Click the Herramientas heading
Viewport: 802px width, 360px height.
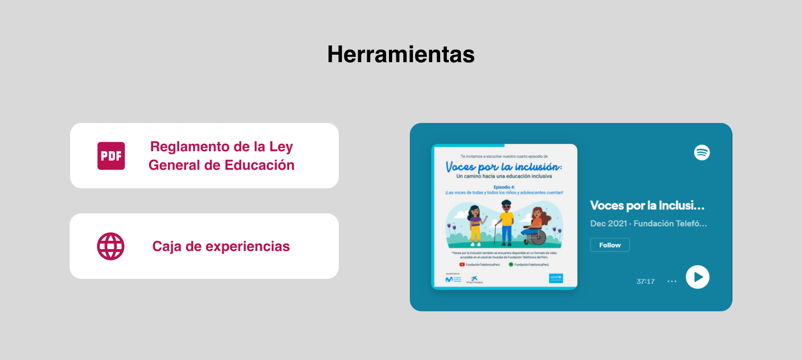click(401, 54)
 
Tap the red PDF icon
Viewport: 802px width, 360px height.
click(111, 156)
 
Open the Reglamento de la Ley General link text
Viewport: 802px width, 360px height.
click(221, 156)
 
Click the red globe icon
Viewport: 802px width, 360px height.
click(110, 246)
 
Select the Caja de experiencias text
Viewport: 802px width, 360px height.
click(221, 246)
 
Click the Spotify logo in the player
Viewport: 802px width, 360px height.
click(702, 153)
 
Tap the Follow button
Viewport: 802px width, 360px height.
click(610, 245)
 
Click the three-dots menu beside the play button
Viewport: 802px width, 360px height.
click(672, 281)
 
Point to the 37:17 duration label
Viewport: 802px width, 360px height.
click(646, 282)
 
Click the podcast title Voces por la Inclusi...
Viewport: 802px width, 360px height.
click(647, 206)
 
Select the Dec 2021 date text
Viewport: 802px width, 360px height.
click(608, 224)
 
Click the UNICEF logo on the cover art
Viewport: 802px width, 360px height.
click(556, 278)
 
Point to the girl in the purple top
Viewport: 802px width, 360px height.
click(475, 225)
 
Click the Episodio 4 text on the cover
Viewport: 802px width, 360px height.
click(504, 187)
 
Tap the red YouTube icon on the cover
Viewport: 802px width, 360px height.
click(462, 264)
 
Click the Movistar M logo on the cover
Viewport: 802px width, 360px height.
click(449, 279)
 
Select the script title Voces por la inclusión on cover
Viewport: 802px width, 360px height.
click(504, 167)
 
